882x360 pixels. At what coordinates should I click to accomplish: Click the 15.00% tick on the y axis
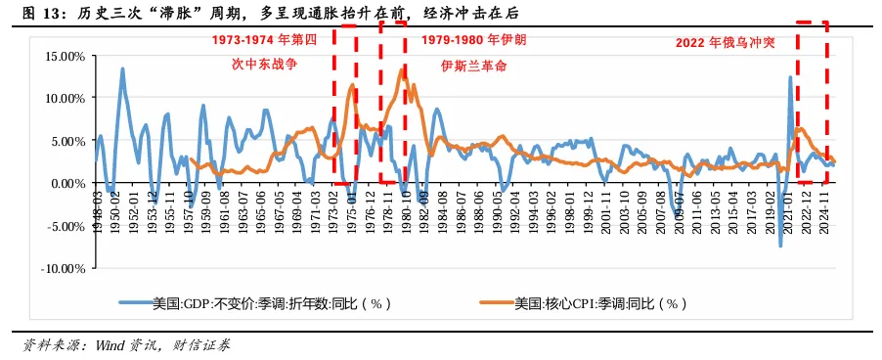tap(65, 56)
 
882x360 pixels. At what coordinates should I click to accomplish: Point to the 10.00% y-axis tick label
tap(65, 98)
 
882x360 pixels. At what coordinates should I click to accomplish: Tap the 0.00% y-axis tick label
tap(67, 183)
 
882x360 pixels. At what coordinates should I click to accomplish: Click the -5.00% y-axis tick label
tap(65, 226)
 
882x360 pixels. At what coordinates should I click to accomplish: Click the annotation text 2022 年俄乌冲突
tap(725, 43)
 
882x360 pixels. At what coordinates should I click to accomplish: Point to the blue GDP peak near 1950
tap(122, 68)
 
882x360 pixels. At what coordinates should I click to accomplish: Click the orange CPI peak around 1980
tap(402, 69)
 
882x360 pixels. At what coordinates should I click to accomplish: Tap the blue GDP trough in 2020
tap(780, 246)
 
